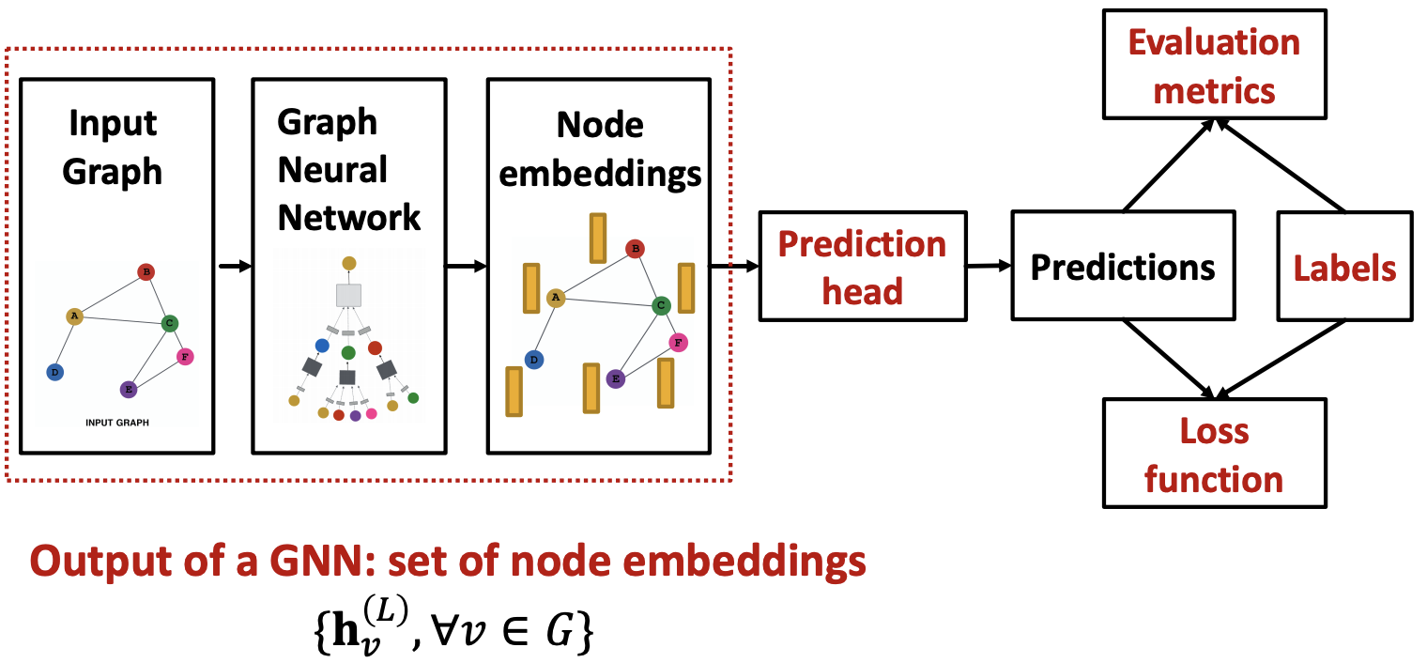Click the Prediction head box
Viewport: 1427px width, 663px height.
pos(862,266)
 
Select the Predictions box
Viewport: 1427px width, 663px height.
pos(1122,267)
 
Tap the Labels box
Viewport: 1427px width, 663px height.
pos(1344,267)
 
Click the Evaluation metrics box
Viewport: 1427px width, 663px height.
pos(1214,65)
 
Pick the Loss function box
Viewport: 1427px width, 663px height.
pos(1214,454)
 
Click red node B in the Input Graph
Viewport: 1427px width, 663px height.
pos(146,272)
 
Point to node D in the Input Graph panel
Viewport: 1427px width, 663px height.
pos(54,373)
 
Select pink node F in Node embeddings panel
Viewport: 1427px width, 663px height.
pos(678,342)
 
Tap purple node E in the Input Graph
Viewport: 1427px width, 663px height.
pos(129,389)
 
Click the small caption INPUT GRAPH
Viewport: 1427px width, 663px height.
pos(116,423)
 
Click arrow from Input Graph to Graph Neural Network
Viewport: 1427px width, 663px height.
pos(234,267)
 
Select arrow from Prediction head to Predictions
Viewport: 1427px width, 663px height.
pos(988,267)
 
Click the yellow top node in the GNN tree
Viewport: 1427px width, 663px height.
pos(348,263)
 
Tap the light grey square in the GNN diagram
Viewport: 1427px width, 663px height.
pos(348,295)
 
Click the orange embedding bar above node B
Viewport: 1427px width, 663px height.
pos(597,238)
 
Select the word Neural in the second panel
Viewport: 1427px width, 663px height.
pos(332,170)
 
